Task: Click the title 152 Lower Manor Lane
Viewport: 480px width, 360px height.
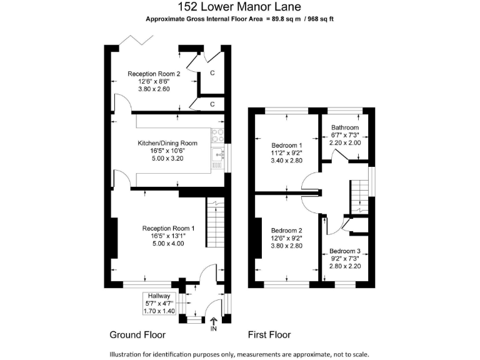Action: (240, 7)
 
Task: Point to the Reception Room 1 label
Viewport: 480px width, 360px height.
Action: (168, 228)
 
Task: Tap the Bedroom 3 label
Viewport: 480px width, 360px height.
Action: (345, 251)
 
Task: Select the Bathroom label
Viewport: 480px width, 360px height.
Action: (345, 127)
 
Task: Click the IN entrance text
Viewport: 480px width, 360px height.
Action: (214, 328)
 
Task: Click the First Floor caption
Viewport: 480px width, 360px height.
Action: (269, 334)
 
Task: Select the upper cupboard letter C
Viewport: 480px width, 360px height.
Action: (212, 73)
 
